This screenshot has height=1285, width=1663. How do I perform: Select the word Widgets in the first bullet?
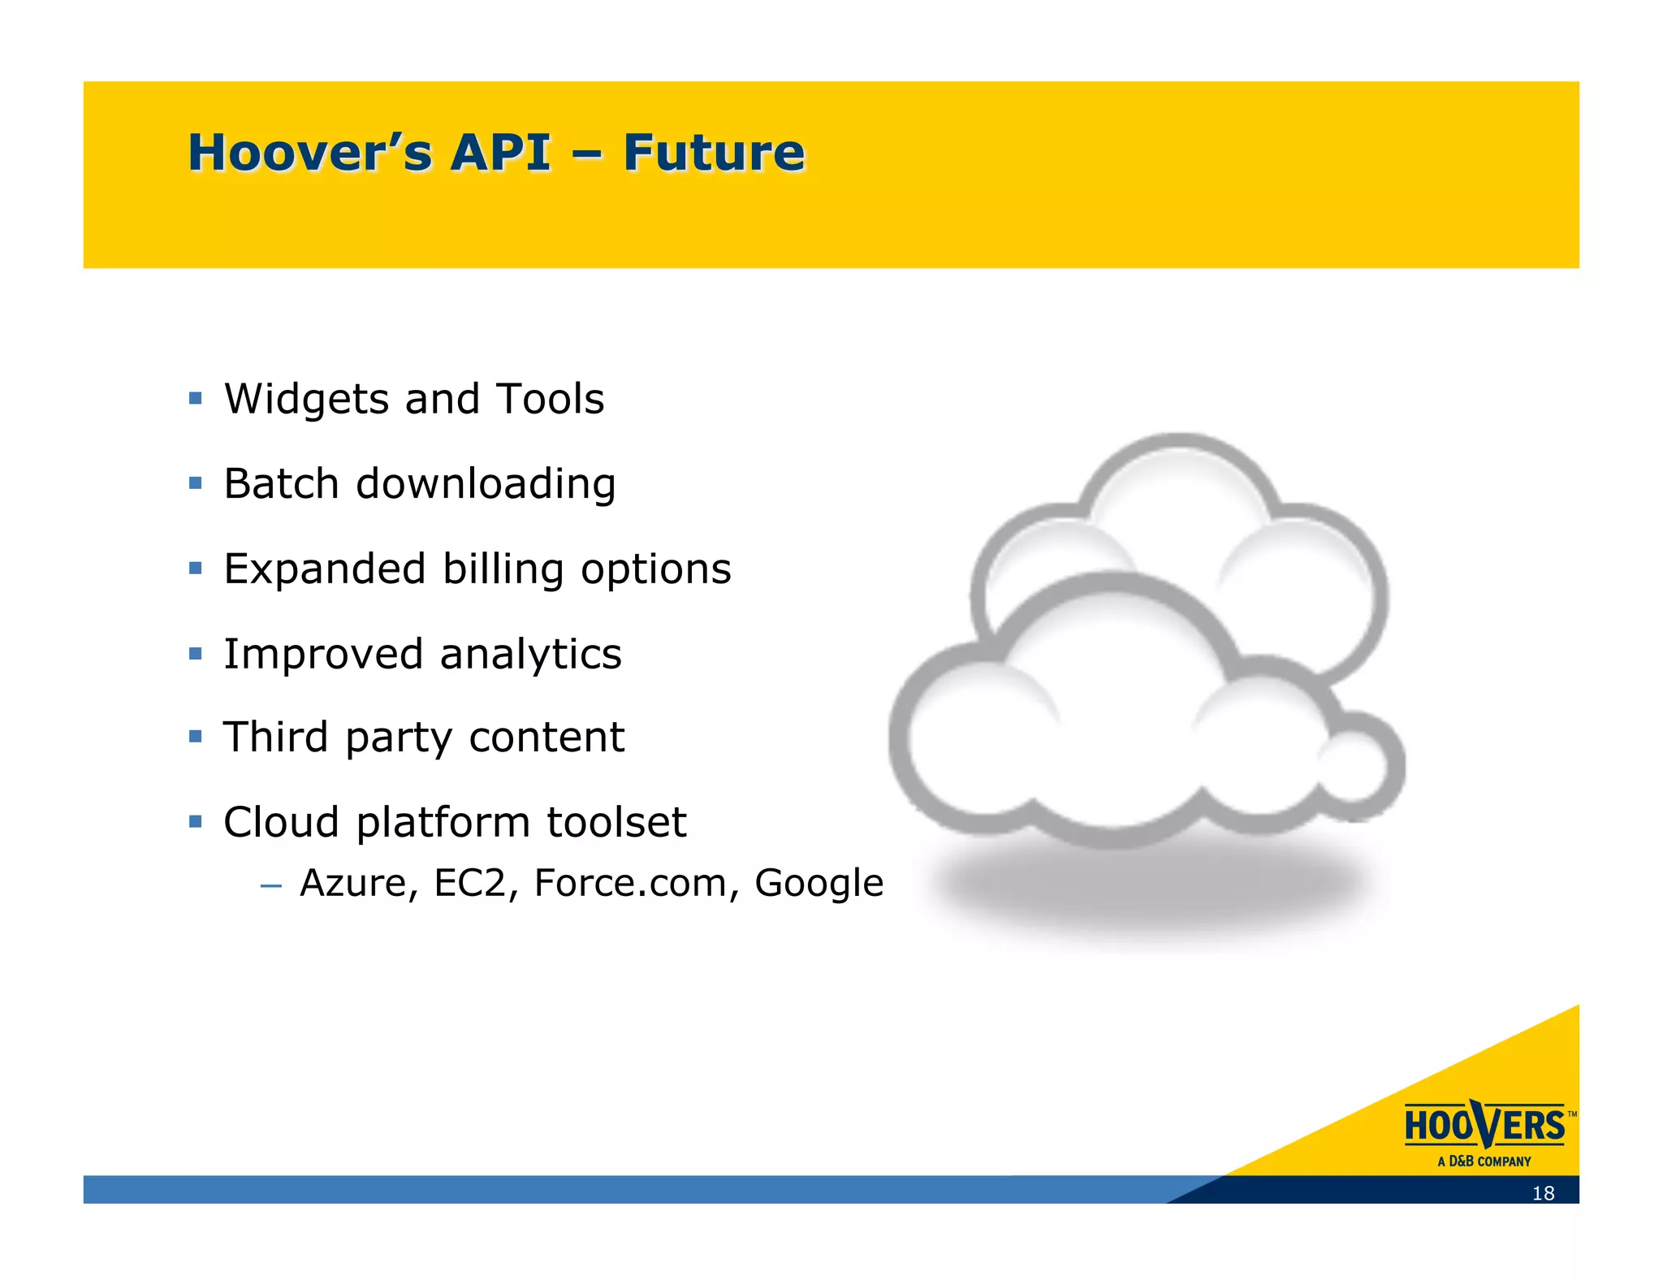306,400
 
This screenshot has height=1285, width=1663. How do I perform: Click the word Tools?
550,399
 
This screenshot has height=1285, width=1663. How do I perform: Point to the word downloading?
486,484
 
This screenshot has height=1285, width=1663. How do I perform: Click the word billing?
503,569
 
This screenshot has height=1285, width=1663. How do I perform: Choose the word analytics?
530,655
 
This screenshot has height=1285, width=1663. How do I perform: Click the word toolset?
616,822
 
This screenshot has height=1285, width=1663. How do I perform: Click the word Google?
819,884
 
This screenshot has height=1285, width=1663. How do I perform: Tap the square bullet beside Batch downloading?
195,483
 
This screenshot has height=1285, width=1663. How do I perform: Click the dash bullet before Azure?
271,885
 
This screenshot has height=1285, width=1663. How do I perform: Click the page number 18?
1543,1193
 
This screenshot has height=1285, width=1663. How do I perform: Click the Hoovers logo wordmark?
1484,1126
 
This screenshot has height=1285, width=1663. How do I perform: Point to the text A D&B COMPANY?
1484,1162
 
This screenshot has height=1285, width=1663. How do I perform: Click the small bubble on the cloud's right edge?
1358,766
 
